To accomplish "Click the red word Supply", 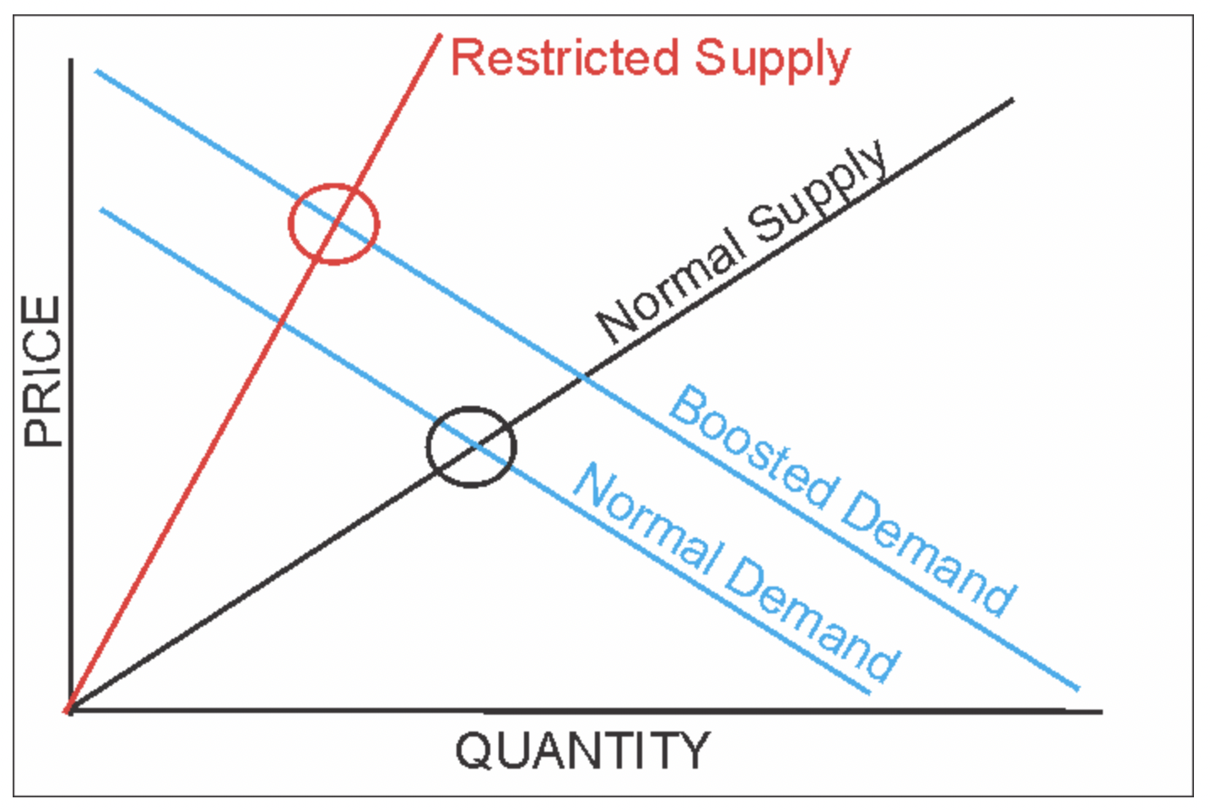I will [772, 61].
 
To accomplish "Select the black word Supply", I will [818, 192].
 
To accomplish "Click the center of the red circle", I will [334, 224].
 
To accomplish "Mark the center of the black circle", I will [471, 446].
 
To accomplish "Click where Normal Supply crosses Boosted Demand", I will [582, 379].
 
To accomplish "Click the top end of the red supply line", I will [440, 35].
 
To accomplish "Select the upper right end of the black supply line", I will [1012, 100].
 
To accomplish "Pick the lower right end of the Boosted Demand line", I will [1078, 688].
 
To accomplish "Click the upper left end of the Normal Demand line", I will [102, 208].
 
